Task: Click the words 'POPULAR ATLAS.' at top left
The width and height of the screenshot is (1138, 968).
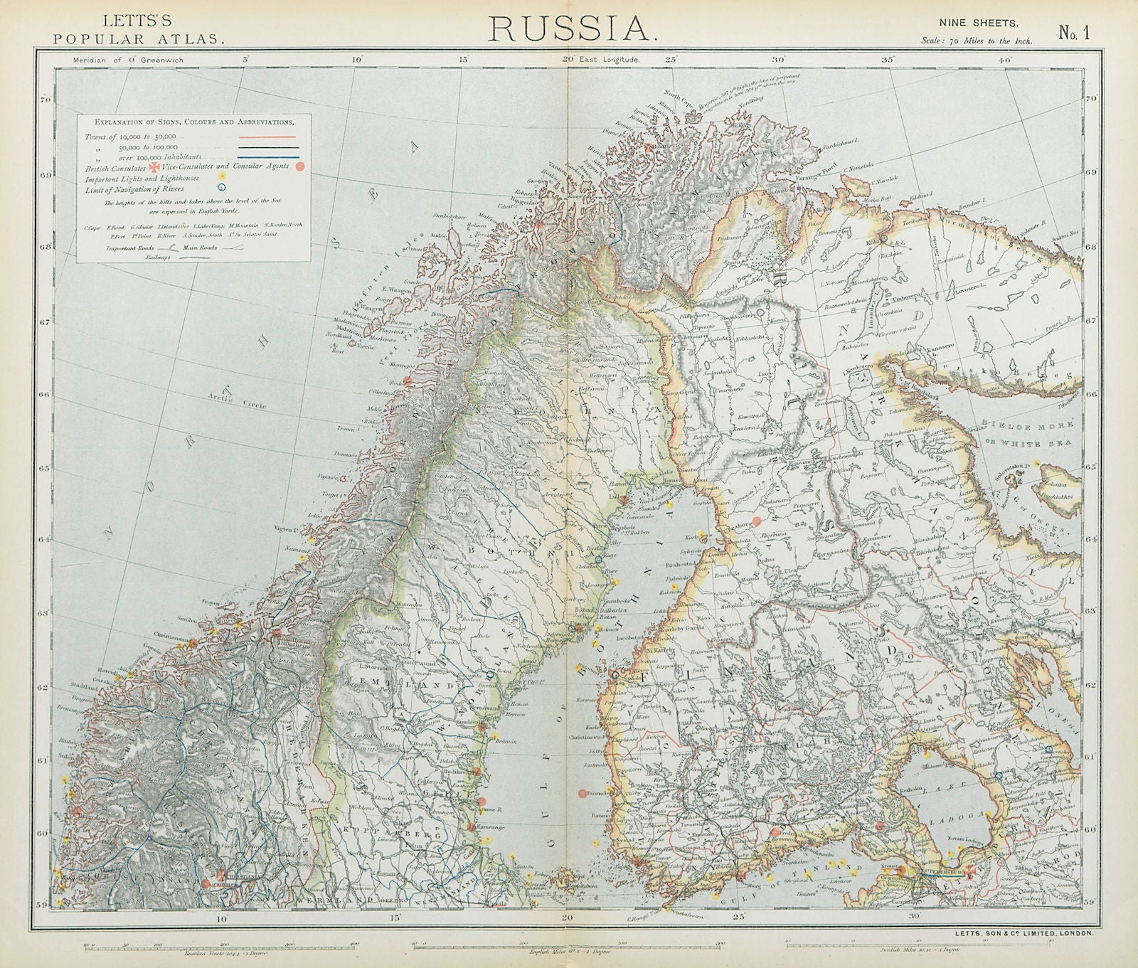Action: [139, 39]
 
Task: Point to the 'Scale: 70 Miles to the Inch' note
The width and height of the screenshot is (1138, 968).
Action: [976, 41]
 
